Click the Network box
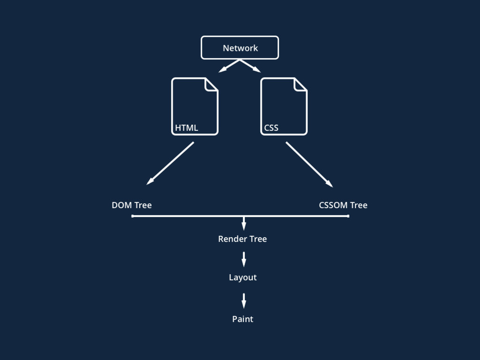click(240, 48)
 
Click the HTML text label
click(187, 127)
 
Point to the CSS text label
click(271, 127)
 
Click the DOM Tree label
click(132, 205)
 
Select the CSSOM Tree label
click(343, 205)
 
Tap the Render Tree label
click(242, 239)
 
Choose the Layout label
click(243, 277)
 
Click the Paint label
click(243, 319)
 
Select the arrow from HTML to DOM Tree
click(170, 163)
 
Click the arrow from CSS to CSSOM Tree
click(309, 165)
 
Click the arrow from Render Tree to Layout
click(244, 259)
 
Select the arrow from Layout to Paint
click(244, 300)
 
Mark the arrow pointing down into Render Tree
click(244, 223)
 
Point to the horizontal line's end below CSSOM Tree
click(348, 216)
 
